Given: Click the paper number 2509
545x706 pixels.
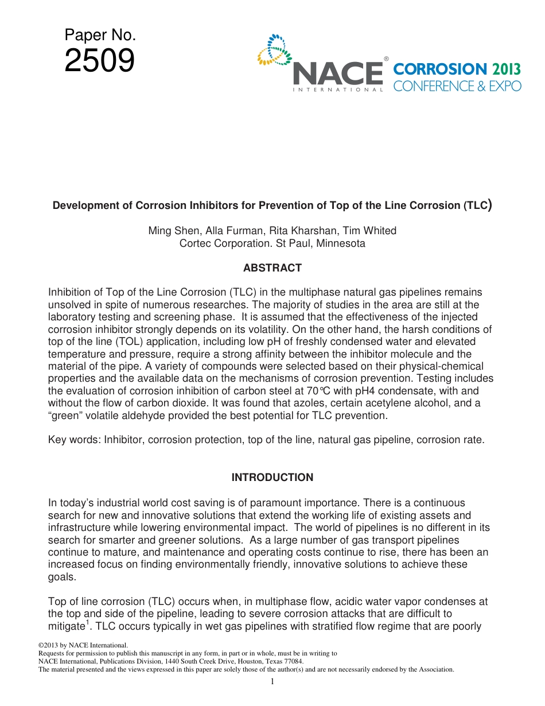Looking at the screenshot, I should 99,61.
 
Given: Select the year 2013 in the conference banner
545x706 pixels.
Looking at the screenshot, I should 506,69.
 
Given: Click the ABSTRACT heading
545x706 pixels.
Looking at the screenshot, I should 272,268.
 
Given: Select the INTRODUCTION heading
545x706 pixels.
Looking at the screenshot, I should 272,478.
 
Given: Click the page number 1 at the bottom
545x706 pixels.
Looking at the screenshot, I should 272,681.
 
